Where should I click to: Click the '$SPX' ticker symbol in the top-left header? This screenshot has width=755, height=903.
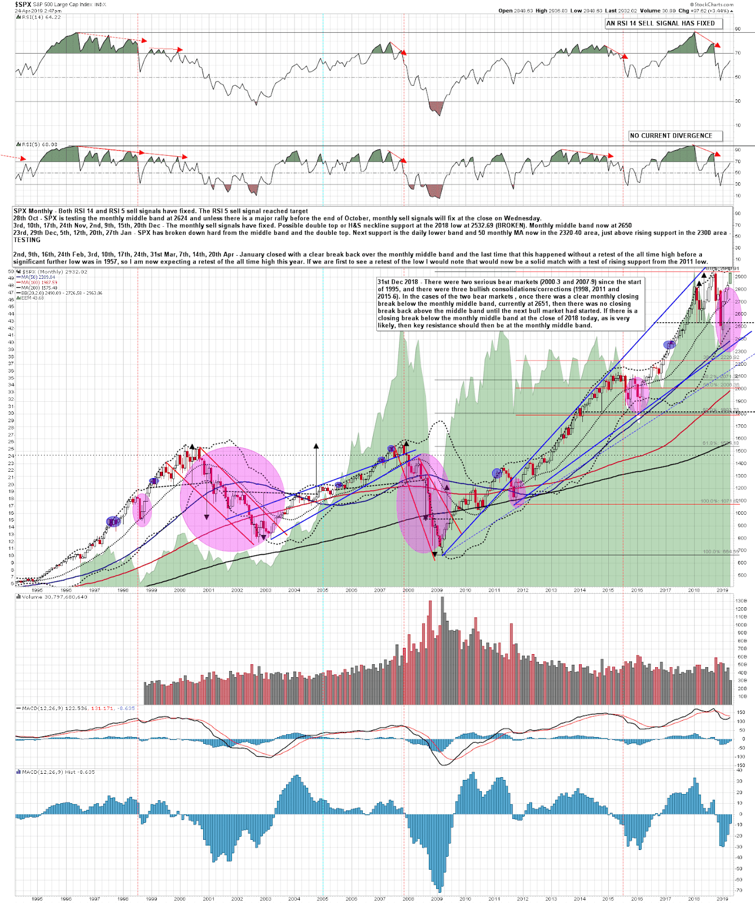click(23, 4)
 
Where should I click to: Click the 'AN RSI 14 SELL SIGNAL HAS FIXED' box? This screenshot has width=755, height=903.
click(660, 23)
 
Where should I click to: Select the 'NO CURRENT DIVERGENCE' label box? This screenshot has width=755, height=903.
click(671, 135)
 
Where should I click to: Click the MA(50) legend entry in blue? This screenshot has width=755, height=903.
click(36, 277)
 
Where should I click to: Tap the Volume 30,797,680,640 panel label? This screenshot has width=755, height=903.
click(54, 597)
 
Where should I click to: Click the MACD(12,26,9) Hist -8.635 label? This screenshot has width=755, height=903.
click(57, 772)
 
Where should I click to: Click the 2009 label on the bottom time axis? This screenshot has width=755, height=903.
click(436, 898)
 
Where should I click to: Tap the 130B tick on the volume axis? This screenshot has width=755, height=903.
click(741, 601)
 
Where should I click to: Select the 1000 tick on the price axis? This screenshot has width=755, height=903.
click(740, 513)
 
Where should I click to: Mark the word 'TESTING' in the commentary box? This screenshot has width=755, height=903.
click(27, 240)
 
